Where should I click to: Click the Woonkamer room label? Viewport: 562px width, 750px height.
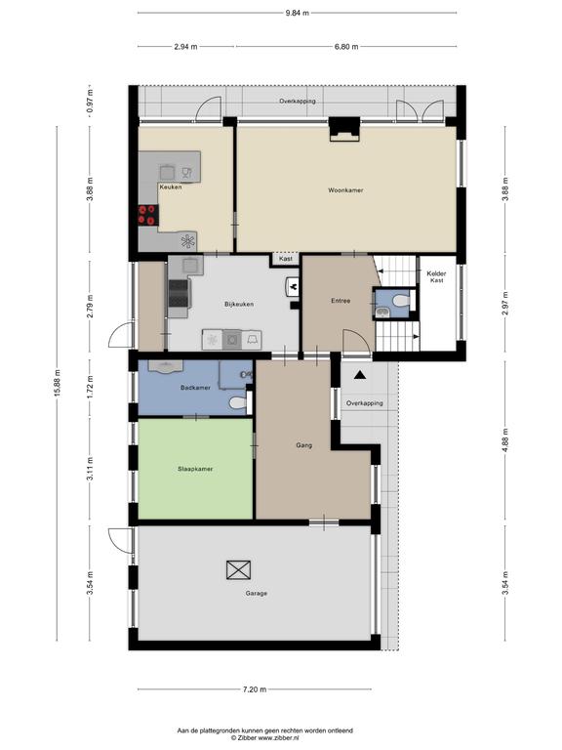345,189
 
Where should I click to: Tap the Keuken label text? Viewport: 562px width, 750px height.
171,187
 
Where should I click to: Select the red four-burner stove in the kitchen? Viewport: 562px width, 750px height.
148,215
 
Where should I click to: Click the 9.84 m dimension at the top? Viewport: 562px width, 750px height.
298,13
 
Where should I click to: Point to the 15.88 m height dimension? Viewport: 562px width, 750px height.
57,384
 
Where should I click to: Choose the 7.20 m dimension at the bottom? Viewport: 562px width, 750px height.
255,689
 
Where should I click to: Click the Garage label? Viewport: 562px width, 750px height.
257,593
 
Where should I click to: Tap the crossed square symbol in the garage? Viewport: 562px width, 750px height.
238,570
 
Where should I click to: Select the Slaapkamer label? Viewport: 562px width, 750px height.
195,469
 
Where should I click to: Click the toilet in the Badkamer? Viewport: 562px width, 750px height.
240,402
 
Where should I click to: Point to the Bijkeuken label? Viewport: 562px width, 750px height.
239,304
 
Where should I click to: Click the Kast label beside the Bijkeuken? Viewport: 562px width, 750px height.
286,259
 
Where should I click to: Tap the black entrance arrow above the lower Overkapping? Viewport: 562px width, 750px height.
359,375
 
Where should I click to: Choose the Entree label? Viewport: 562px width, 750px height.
341,301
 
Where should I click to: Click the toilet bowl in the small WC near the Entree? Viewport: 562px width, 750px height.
400,301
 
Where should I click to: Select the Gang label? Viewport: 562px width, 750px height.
304,445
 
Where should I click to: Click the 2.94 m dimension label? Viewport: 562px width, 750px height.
185,47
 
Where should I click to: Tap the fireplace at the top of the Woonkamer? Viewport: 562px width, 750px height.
343,129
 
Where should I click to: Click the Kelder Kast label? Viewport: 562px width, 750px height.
436,277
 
